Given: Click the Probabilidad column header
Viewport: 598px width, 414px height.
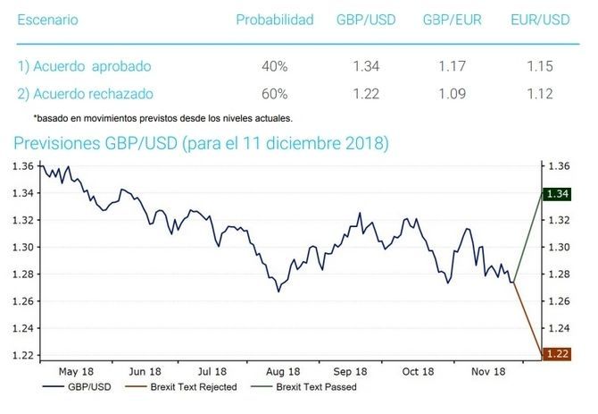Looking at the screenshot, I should [274, 20].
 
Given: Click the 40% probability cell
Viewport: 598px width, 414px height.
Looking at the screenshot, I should [274, 66].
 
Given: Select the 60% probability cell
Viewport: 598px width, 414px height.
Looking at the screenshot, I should [274, 93].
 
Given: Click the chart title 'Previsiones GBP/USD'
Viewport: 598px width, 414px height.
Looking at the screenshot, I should [201, 143].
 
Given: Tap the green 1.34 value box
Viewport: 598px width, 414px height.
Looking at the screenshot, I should [558, 193].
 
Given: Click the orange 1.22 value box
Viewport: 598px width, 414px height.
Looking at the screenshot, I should [558, 355].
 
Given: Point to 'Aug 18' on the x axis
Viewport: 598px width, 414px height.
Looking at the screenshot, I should [281, 371].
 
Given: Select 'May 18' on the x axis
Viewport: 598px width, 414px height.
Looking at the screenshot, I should [75, 371].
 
